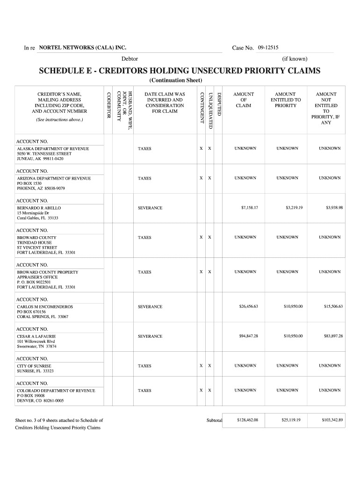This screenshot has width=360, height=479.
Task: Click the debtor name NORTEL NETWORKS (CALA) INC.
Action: [x=83, y=48]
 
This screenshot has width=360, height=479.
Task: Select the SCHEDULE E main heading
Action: [x=180, y=71]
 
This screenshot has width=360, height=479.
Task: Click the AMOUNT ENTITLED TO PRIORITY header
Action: [x=285, y=100]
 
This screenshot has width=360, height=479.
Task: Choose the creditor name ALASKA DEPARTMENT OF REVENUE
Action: [x=53, y=148]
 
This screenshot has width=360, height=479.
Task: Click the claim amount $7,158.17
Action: [x=249, y=208]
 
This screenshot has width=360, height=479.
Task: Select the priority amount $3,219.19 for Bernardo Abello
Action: [x=294, y=208]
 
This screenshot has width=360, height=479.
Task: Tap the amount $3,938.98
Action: [x=334, y=208]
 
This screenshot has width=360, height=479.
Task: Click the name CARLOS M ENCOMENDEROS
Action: [x=45, y=307]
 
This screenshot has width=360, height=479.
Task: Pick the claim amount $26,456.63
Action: [x=249, y=307]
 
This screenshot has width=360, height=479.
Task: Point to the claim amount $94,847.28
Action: [x=249, y=336]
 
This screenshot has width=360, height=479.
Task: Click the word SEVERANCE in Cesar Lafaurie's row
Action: [x=150, y=336]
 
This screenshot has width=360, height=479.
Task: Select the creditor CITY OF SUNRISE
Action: [x=34, y=366]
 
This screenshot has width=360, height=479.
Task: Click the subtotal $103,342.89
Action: [x=332, y=420]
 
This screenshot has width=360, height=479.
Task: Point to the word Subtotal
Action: [x=214, y=420]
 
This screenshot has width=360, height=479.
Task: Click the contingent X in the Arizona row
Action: [x=201, y=178]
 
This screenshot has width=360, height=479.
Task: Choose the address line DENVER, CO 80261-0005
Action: [x=40, y=401]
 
